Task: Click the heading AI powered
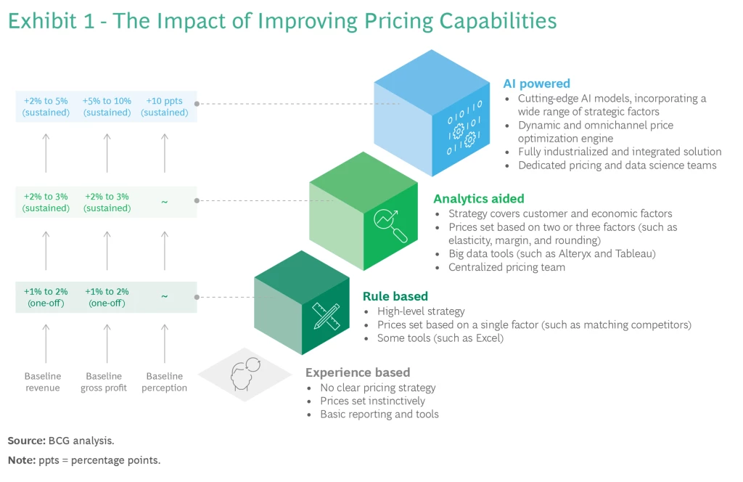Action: coord(536,83)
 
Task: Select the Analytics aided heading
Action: coord(478,198)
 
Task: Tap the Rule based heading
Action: coord(395,296)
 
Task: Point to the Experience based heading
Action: coord(357,372)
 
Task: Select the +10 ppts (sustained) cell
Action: coord(165,107)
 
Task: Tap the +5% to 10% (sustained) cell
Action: coord(107,107)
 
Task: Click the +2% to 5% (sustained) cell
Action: coord(46,107)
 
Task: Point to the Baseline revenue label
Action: coord(43,382)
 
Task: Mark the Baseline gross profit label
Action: coord(104,382)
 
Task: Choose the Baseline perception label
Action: coord(165,382)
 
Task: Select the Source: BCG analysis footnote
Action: coord(61,440)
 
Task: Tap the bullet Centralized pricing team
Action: coord(506,267)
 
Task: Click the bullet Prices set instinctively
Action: coord(372,401)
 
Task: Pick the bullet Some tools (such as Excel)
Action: coord(440,338)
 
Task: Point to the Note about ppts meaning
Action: coord(83,460)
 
